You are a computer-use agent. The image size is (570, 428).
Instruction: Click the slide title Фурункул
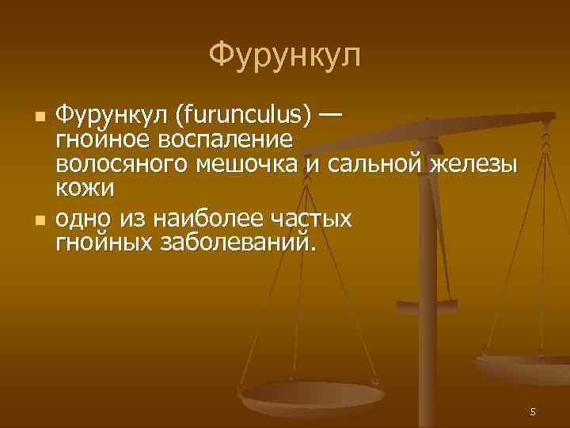(285, 55)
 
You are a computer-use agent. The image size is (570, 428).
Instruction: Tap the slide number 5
(533, 411)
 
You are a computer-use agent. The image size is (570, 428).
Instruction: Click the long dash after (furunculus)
(330, 116)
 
